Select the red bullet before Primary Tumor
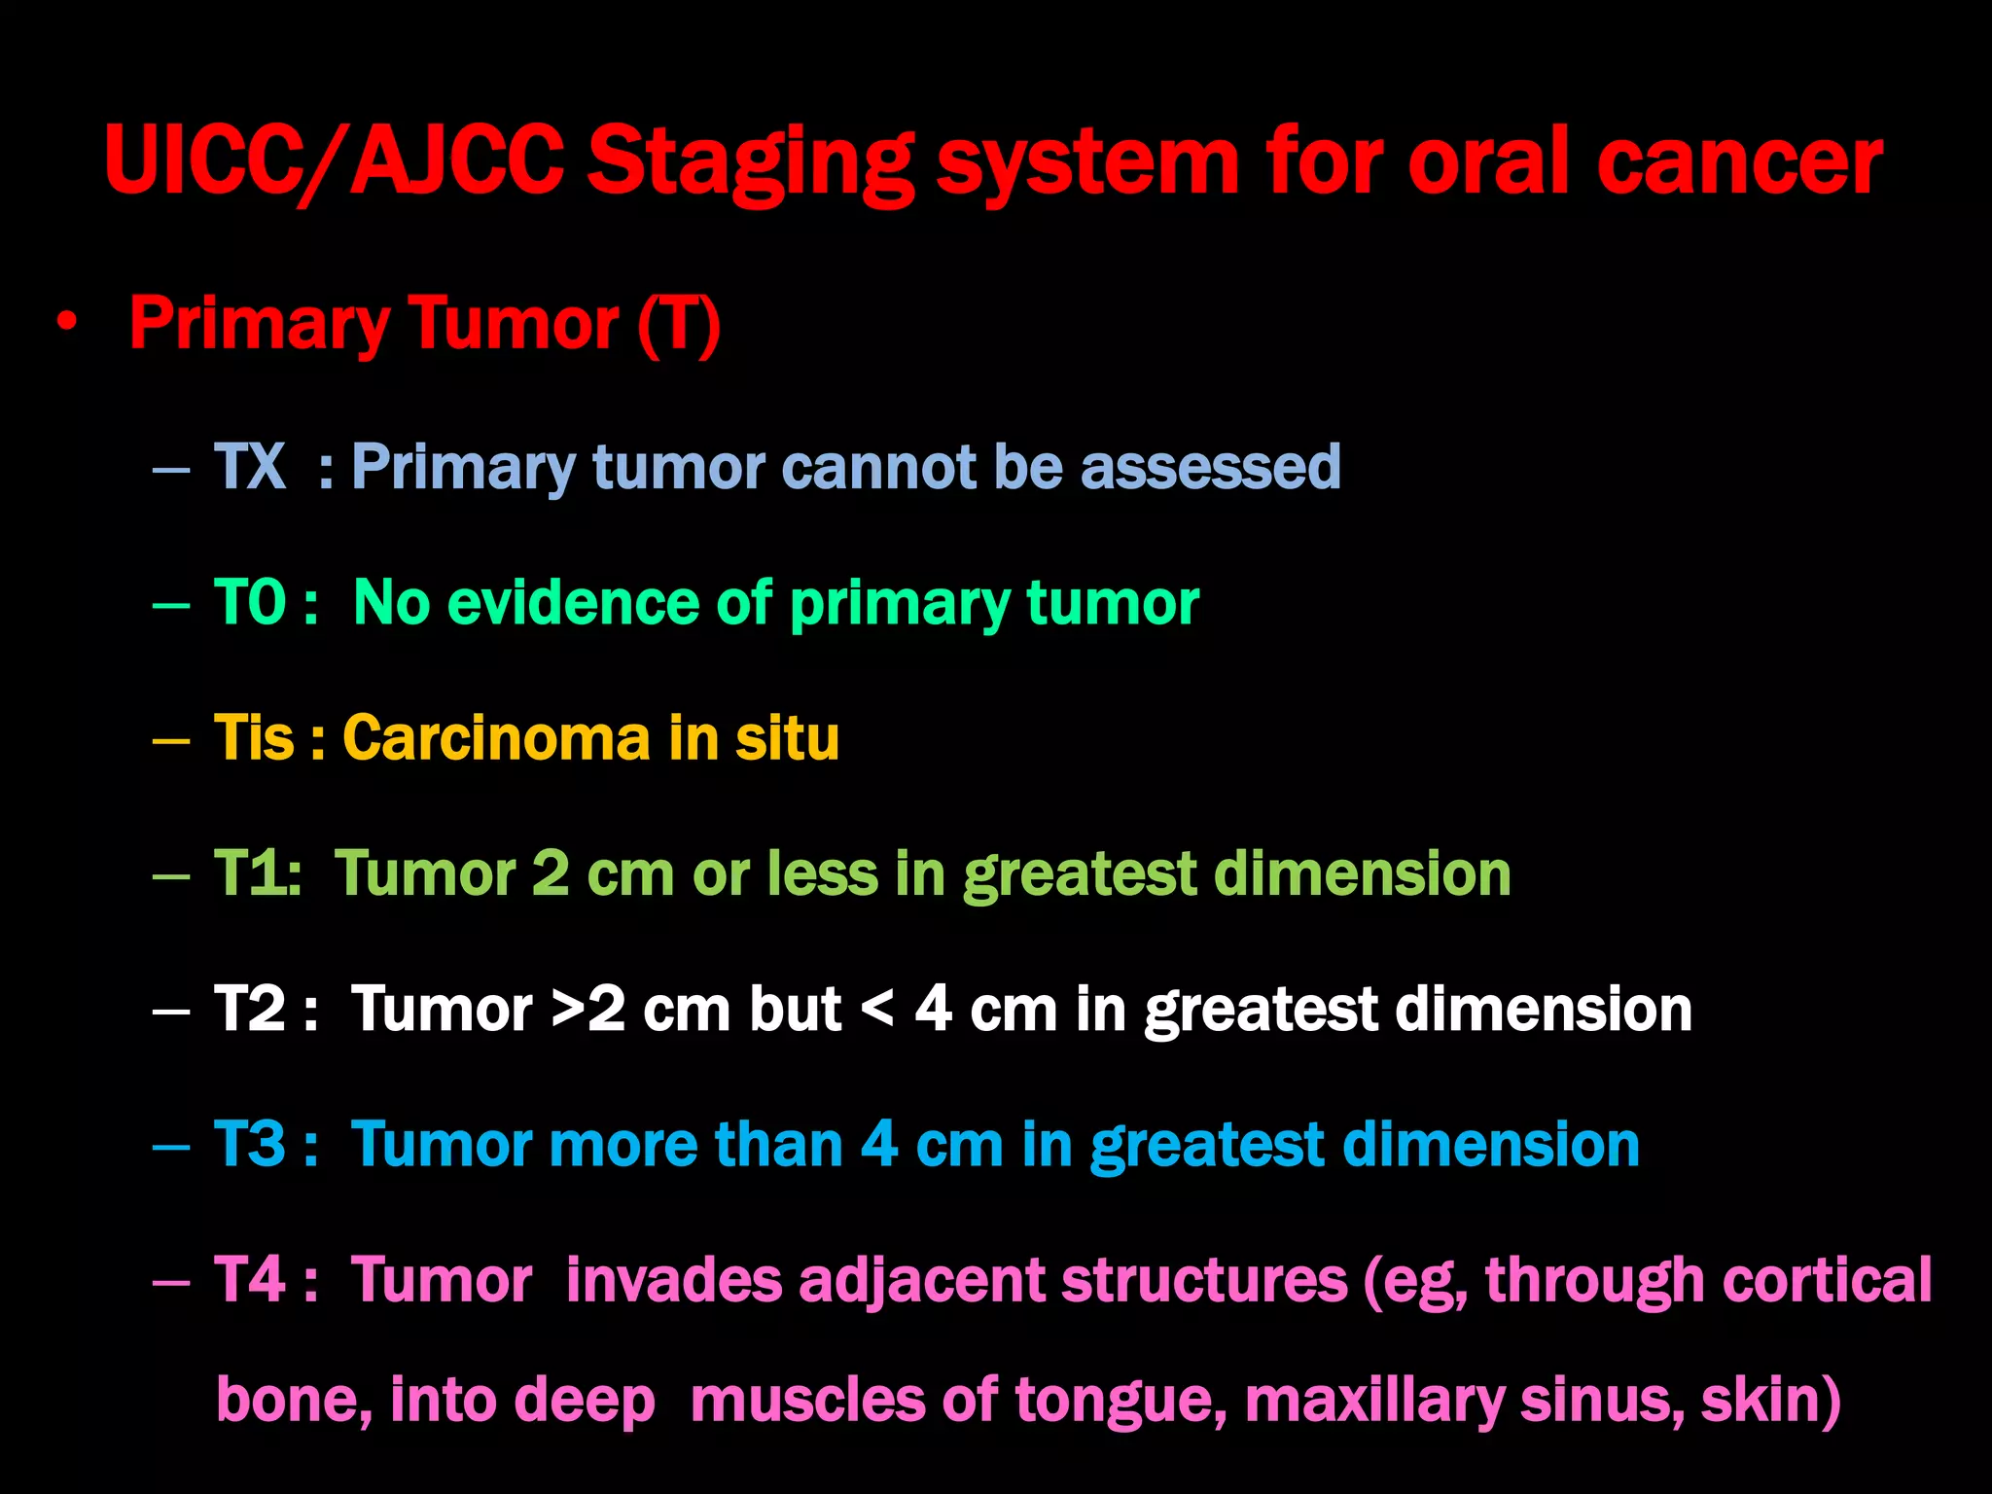coord(66,323)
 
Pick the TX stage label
coord(249,467)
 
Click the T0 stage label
coord(250,603)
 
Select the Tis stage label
coord(253,738)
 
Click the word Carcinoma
coord(495,738)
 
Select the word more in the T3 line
coord(622,1145)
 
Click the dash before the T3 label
coord(171,1146)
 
